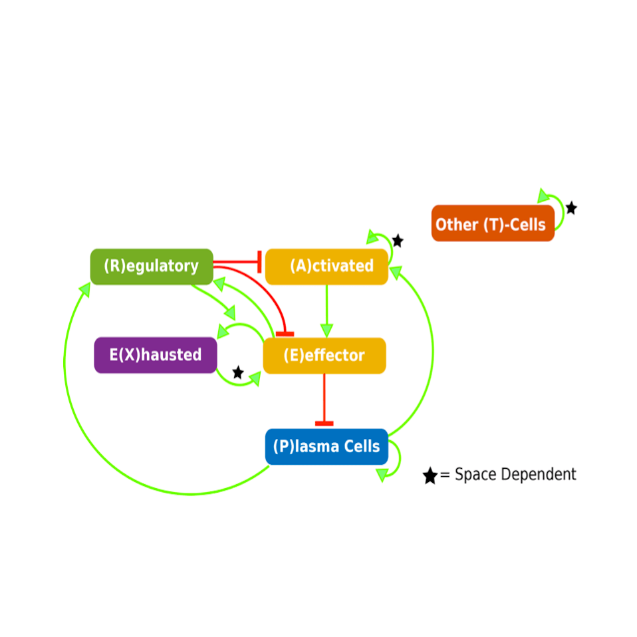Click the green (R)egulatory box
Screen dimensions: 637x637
click(x=152, y=267)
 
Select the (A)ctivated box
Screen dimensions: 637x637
click(x=326, y=267)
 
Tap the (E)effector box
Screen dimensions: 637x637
click(x=324, y=356)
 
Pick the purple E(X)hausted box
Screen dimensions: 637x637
click(x=156, y=355)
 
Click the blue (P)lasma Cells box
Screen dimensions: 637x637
click(x=326, y=446)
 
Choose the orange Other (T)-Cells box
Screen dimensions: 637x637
click(x=493, y=224)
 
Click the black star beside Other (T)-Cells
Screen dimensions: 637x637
click(x=571, y=208)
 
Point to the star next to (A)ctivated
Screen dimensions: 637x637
click(x=398, y=240)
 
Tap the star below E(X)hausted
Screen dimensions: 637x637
click(x=238, y=372)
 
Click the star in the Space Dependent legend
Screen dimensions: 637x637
click(x=430, y=475)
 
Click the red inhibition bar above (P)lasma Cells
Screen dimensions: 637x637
click(x=324, y=423)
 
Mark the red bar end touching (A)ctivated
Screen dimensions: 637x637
click(x=259, y=262)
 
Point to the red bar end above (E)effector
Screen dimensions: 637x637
click(x=285, y=334)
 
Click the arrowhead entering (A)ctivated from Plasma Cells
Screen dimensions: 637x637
click(x=396, y=271)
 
